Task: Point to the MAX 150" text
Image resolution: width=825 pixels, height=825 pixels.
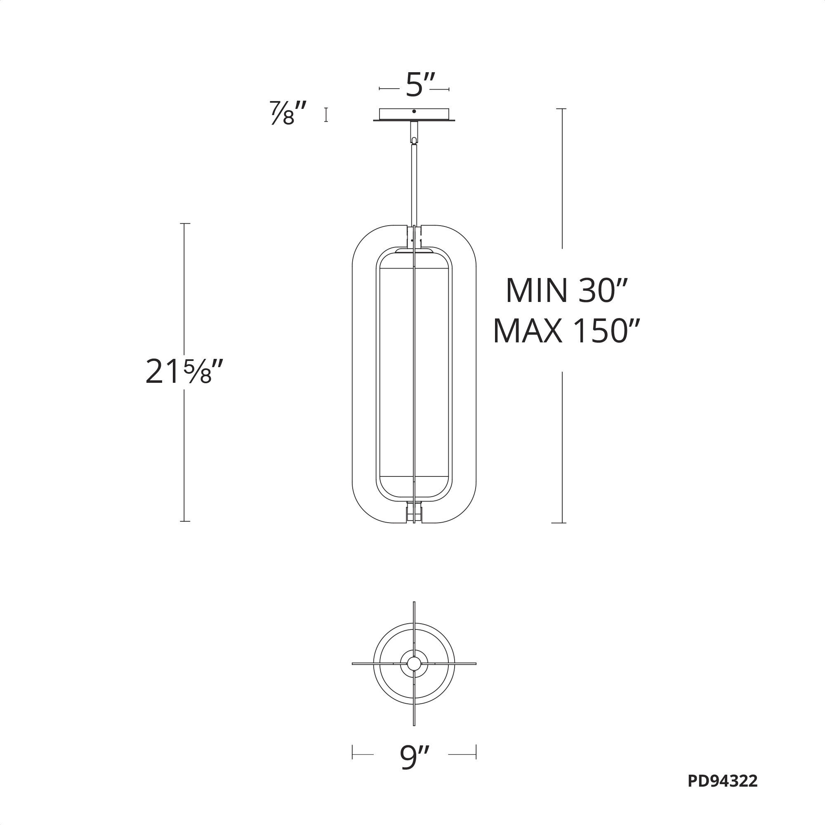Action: coord(566,331)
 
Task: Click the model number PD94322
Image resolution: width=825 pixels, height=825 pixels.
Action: coord(723,793)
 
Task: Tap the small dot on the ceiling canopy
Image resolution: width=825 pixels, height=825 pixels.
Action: coord(414,111)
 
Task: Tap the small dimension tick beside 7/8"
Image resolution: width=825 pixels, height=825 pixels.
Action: coord(326,114)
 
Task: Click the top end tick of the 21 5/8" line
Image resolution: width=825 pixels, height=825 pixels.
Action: coord(184,223)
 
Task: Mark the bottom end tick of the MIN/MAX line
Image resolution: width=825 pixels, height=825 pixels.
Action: coord(558,523)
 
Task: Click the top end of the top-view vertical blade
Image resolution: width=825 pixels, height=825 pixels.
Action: coord(414,604)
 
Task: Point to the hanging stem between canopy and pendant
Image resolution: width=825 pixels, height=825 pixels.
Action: coord(414,184)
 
